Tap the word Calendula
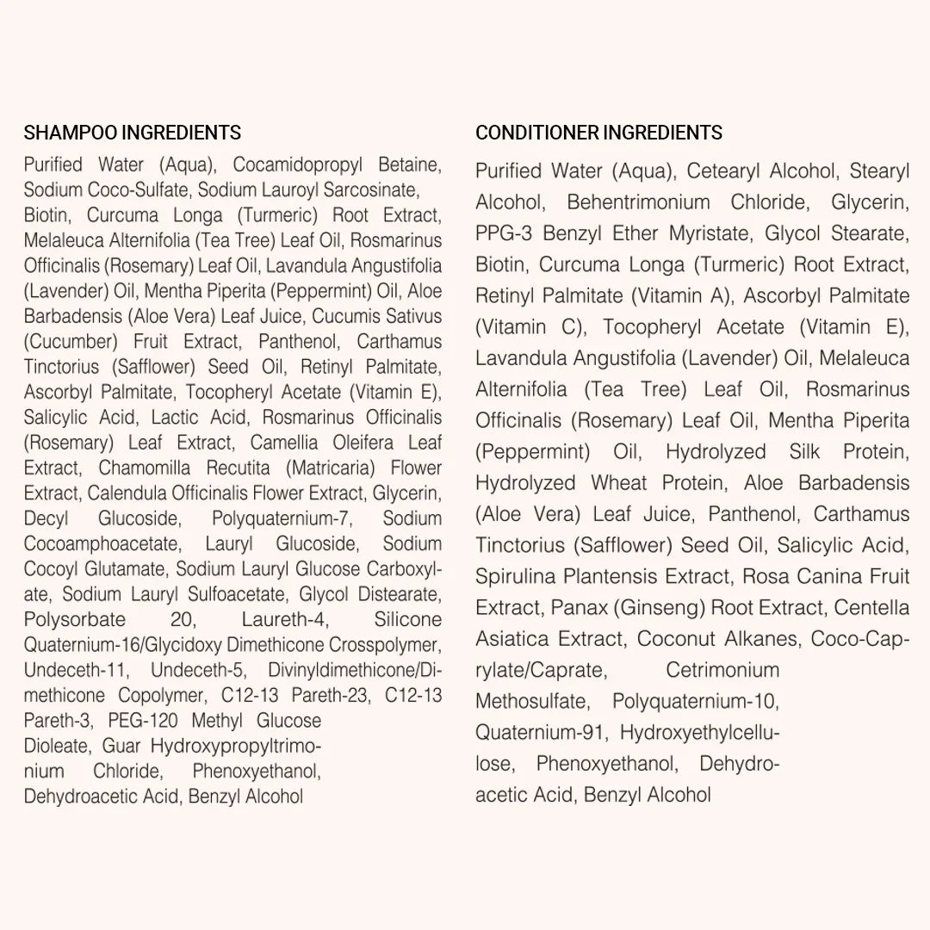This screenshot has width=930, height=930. pyautogui.click(x=128, y=493)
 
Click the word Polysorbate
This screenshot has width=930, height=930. pyautogui.click(x=75, y=620)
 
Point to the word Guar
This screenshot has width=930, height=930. pyautogui.click(x=121, y=746)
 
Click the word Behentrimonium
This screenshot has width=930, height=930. pyautogui.click(x=638, y=202)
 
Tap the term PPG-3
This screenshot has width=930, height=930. pyautogui.click(x=505, y=233)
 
